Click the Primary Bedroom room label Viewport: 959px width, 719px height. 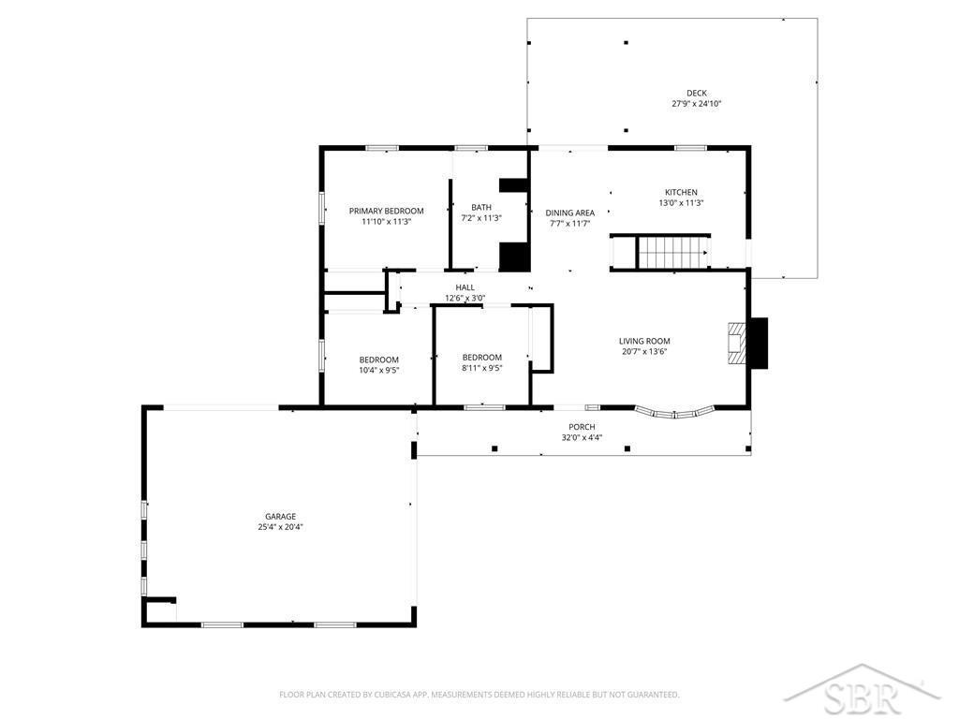coord(386,211)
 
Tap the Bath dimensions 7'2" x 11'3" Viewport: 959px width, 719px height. coord(481,217)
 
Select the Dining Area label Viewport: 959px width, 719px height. coord(570,213)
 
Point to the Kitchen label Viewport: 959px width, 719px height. coord(681,192)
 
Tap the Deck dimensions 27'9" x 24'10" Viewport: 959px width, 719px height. coord(697,104)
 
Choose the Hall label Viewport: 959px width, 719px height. coord(465,287)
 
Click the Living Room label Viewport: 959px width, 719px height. coord(644,341)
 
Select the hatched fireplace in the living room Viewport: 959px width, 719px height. coord(736,344)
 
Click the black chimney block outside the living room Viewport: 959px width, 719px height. coord(759,343)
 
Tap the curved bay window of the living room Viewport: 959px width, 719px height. coord(674,413)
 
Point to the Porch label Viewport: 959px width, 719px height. coord(582,427)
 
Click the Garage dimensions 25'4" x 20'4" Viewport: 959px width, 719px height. coord(280,527)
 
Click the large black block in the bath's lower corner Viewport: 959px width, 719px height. coord(514,257)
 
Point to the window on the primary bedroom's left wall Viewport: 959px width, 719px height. coord(321,208)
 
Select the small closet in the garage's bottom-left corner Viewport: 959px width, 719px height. coord(160,609)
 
